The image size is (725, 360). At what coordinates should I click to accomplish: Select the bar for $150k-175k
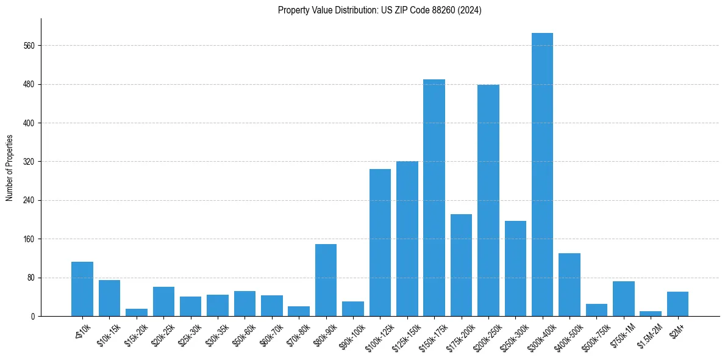[x=434, y=198]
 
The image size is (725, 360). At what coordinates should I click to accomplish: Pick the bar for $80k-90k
[x=326, y=280]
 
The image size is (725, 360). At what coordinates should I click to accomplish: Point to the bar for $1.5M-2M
[x=650, y=314]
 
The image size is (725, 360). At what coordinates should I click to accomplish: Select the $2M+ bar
[x=677, y=304]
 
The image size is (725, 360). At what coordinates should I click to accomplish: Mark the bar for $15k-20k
[x=137, y=312]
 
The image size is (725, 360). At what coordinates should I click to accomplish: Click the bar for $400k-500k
[x=569, y=284]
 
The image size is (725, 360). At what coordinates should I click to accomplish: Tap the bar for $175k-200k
[x=461, y=265]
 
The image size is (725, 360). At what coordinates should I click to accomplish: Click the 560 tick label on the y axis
[x=29, y=46]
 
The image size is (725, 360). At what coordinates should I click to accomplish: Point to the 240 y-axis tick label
[x=29, y=200]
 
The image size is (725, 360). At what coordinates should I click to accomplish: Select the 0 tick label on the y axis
[x=33, y=316]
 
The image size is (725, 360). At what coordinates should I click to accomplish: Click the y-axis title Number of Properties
[x=9, y=168]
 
